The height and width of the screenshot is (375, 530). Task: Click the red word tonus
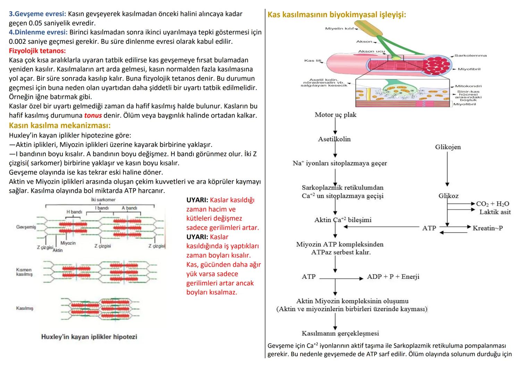click(x=93, y=115)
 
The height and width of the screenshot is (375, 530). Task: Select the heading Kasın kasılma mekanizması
click(x=60, y=125)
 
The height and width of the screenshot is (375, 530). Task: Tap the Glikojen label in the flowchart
click(x=448, y=147)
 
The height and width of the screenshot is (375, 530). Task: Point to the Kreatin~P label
click(x=487, y=228)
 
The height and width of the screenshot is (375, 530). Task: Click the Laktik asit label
click(x=495, y=212)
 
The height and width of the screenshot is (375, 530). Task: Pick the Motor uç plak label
click(x=335, y=115)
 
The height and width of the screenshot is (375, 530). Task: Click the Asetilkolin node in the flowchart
click(x=334, y=139)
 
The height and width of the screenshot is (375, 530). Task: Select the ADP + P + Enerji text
click(x=393, y=277)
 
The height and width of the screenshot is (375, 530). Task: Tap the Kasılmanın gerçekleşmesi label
click(x=340, y=333)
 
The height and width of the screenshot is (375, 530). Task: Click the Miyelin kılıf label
click(x=339, y=28)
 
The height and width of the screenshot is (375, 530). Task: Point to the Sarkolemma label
click(x=470, y=56)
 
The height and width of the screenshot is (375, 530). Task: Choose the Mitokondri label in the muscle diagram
click(x=468, y=86)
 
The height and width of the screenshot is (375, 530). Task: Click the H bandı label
click(x=74, y=211)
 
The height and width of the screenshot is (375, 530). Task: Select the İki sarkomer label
click(x=103, y=200)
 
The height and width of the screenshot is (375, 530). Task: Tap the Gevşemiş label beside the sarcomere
click(x=26, y=227)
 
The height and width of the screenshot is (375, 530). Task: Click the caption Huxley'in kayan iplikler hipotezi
click(x=89, y=337)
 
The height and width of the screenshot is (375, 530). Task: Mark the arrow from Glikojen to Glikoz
click(x=447, y=170)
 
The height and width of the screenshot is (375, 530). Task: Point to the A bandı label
click(x=129, y=208)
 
